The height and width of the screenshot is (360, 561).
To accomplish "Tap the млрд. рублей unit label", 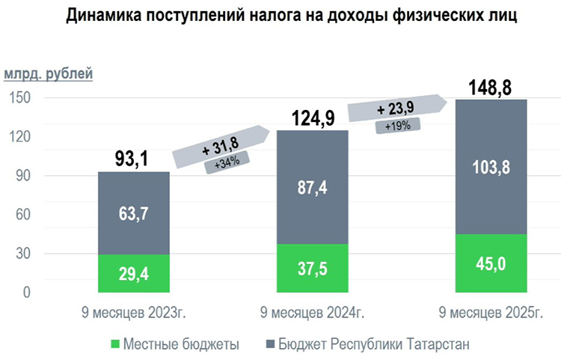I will pos(49,74).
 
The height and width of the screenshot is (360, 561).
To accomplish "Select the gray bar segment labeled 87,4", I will pos(313,187).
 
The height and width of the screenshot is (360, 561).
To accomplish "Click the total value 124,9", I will pos(313,118).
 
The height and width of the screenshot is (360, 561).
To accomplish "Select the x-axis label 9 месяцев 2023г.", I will pos(135,311).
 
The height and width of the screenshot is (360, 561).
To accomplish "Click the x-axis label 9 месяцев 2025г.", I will pos(491,311).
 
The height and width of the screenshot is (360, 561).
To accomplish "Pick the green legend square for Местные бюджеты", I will pos(114,344).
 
